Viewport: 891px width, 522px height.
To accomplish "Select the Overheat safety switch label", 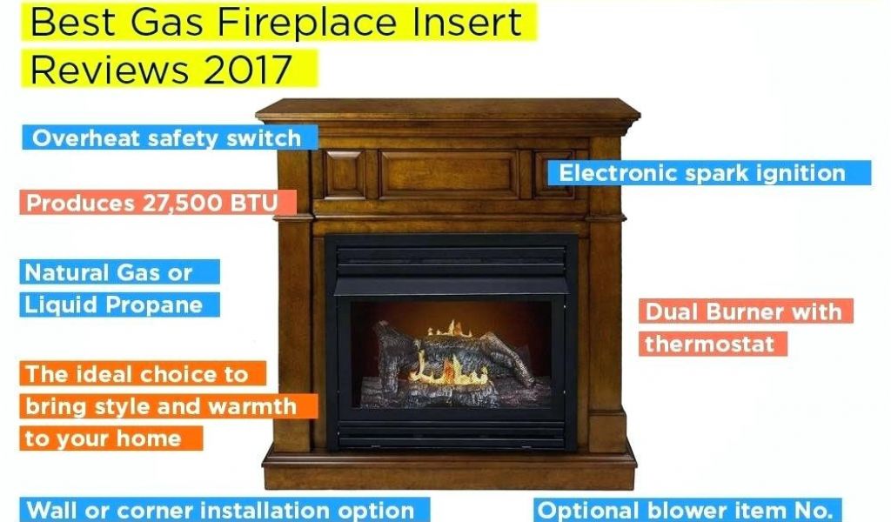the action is coord(170,138).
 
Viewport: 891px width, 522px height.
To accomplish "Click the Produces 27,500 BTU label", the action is coord(158,203).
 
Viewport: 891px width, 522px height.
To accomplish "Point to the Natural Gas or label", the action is coord(119,272).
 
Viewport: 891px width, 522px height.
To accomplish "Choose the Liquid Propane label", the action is coord(119,304).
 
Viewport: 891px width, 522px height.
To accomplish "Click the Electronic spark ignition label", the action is coord(708,172).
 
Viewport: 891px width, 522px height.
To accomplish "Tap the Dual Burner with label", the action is coord(746,311).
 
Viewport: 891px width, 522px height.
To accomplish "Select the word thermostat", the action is coord(710,344).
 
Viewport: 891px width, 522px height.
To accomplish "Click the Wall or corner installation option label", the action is coord(225,510).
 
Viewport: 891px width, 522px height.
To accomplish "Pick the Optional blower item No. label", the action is coord(687,510).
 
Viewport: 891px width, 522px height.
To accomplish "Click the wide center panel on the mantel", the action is coord(449,174).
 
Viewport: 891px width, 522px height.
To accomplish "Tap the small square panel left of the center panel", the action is coord(345,174).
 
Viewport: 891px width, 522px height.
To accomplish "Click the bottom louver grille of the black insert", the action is coord(452,433).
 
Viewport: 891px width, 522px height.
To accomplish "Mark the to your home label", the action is coord(111,438).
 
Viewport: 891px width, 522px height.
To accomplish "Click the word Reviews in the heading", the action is coord(109,70).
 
